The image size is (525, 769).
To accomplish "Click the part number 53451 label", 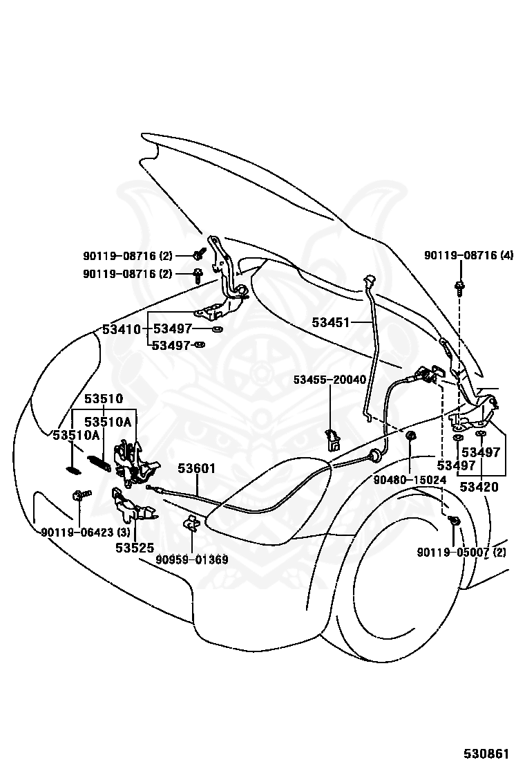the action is (331, 322).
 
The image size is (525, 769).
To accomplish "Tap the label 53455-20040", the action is (330, 380).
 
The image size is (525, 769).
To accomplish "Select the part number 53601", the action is (196, 468).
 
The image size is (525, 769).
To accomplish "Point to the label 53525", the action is (135, 547).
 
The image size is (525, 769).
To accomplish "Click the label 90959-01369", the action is (192, 559).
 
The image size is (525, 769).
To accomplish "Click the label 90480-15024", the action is (410, 480).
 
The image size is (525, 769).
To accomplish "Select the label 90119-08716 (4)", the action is (468, 255).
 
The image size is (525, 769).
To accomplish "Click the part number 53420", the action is (480, 487).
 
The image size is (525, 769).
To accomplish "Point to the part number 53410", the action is (122, 329).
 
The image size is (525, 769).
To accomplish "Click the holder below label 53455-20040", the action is (332, 439).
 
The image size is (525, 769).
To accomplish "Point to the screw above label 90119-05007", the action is (453, 521).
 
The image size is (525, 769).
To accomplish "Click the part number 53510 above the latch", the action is (104, 399).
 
